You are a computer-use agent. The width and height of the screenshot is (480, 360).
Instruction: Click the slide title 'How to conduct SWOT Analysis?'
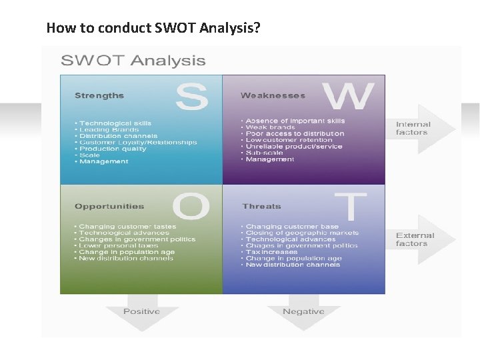point(153,28)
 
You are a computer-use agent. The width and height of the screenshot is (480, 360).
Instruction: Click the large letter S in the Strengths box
point(192,97)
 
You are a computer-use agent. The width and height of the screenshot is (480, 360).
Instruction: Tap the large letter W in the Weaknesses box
point(347,97)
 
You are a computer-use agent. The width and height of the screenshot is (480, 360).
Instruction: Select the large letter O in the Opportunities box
point(191,207)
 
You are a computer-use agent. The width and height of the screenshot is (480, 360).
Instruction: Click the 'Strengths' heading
point(99,96)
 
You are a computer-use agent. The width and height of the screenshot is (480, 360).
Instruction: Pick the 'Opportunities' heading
point(109,207)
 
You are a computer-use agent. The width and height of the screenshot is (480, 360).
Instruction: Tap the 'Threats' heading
point(262,207)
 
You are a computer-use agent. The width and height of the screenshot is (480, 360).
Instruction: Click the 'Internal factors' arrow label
point(413,128)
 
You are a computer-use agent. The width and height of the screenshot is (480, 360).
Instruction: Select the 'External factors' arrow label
point(415,239)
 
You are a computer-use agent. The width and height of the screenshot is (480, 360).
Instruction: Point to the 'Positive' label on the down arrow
point(141,311)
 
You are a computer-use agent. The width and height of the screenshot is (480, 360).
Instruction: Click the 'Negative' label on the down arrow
point(303,311)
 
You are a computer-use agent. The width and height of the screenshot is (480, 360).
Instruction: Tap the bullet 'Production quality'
point(113,149)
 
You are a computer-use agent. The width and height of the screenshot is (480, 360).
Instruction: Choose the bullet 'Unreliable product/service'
point(293,147)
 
